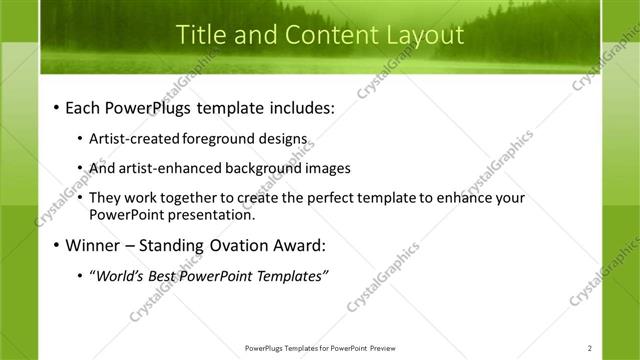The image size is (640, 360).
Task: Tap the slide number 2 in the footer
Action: click(590, 348)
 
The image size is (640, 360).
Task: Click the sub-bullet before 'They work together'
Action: click(80, 198)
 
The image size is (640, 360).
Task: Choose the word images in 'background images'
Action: click(323, 168)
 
